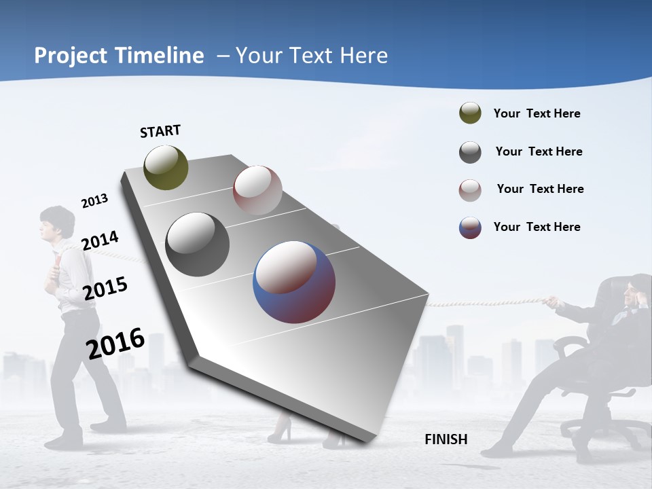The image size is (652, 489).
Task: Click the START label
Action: point(160,131)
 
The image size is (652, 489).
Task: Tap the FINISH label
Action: point(446,439)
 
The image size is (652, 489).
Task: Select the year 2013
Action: point(94,201)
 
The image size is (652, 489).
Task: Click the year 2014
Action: point(100,240)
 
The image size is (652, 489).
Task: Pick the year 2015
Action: point(105,289)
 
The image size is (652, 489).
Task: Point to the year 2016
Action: point(115,343)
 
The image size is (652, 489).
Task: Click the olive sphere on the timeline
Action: point(166,167)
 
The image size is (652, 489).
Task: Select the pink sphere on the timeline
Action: point(257,190)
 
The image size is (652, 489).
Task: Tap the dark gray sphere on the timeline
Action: point(197,244)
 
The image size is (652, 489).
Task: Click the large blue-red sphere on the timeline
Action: point(294,282)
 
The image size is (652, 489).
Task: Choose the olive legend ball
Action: point(470,113)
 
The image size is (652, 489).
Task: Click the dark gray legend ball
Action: point(470,152)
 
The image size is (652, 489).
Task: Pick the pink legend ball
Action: point(470,189)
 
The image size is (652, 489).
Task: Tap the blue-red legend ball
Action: point(470,228)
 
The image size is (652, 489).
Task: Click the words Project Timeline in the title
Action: point(119,56)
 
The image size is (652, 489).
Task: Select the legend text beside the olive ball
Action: point(537,113)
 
